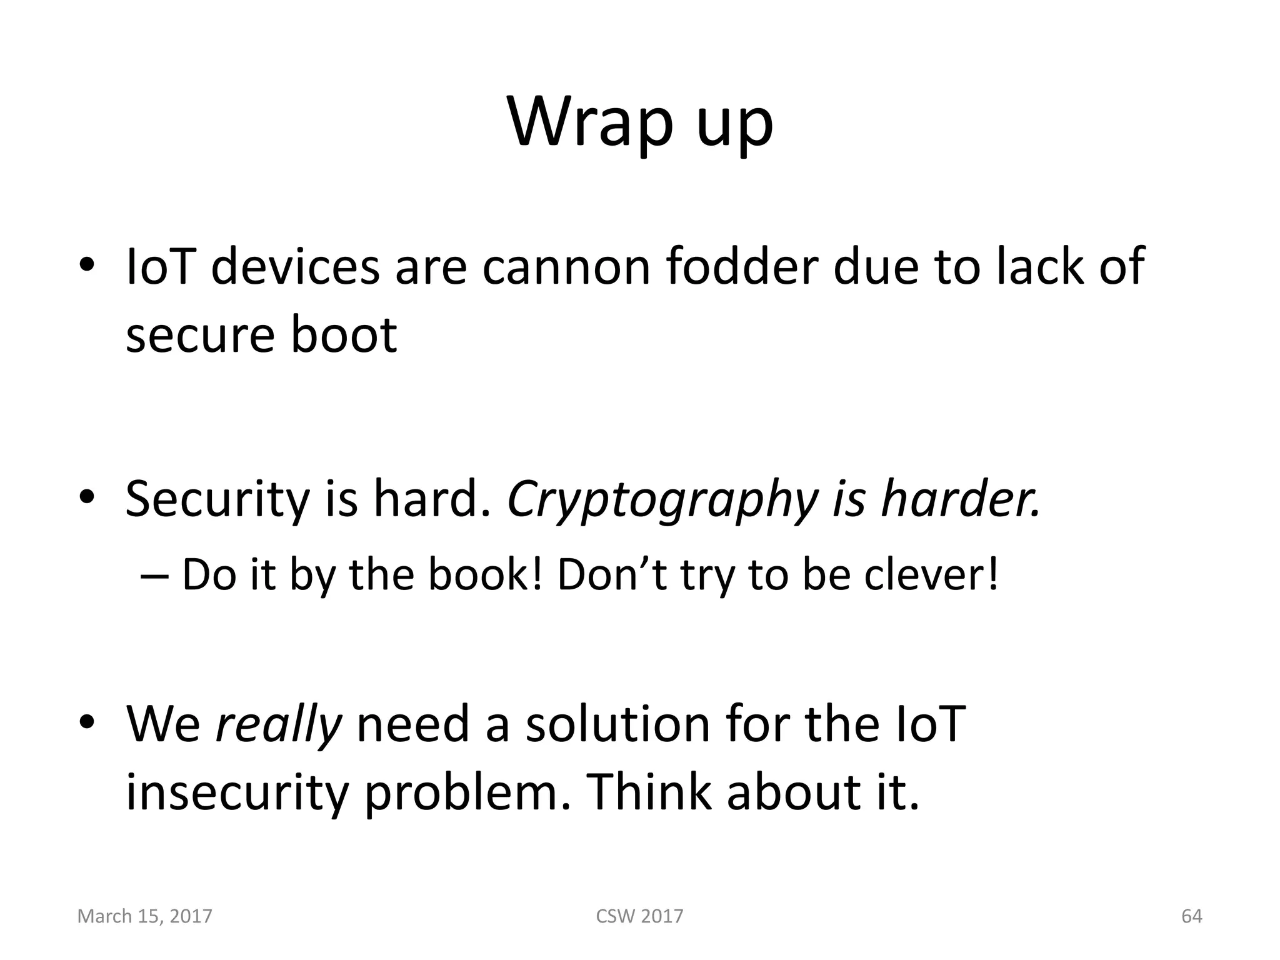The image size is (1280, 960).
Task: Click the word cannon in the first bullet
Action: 566,267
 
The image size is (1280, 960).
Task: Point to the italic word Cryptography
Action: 661,500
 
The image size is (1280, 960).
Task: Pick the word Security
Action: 217,500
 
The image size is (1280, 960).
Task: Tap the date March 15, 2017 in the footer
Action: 144,916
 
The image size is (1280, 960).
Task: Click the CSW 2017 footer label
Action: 639,916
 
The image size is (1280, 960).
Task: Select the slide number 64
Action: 1191,916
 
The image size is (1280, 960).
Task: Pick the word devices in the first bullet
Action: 295,267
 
